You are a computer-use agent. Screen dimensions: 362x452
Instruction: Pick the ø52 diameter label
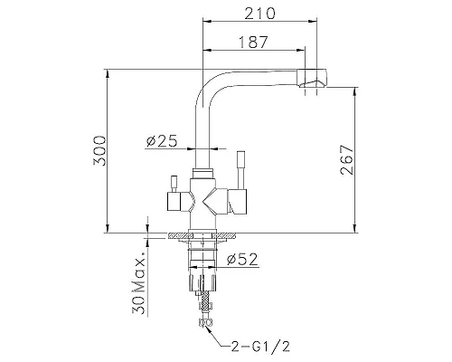pyautogui.click(x=243, y=261)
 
